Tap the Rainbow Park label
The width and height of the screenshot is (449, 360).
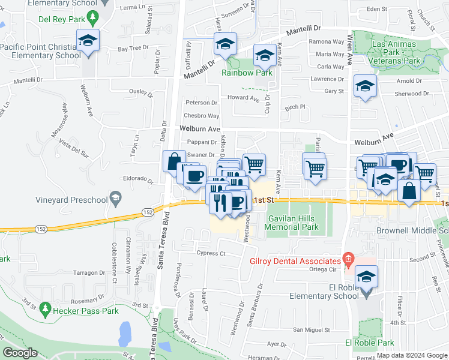tap(247, 73)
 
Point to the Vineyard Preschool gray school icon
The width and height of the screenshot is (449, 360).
tap(116, 199)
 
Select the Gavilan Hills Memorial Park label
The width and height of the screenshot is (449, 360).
tap(292, 223)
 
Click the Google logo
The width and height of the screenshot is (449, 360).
tap(20, 353)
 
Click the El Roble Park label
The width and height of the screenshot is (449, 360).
tap(369, 343)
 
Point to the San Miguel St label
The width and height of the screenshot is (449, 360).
tap(312, 330)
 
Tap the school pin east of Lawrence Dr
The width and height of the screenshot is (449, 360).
tap(365, 86)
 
